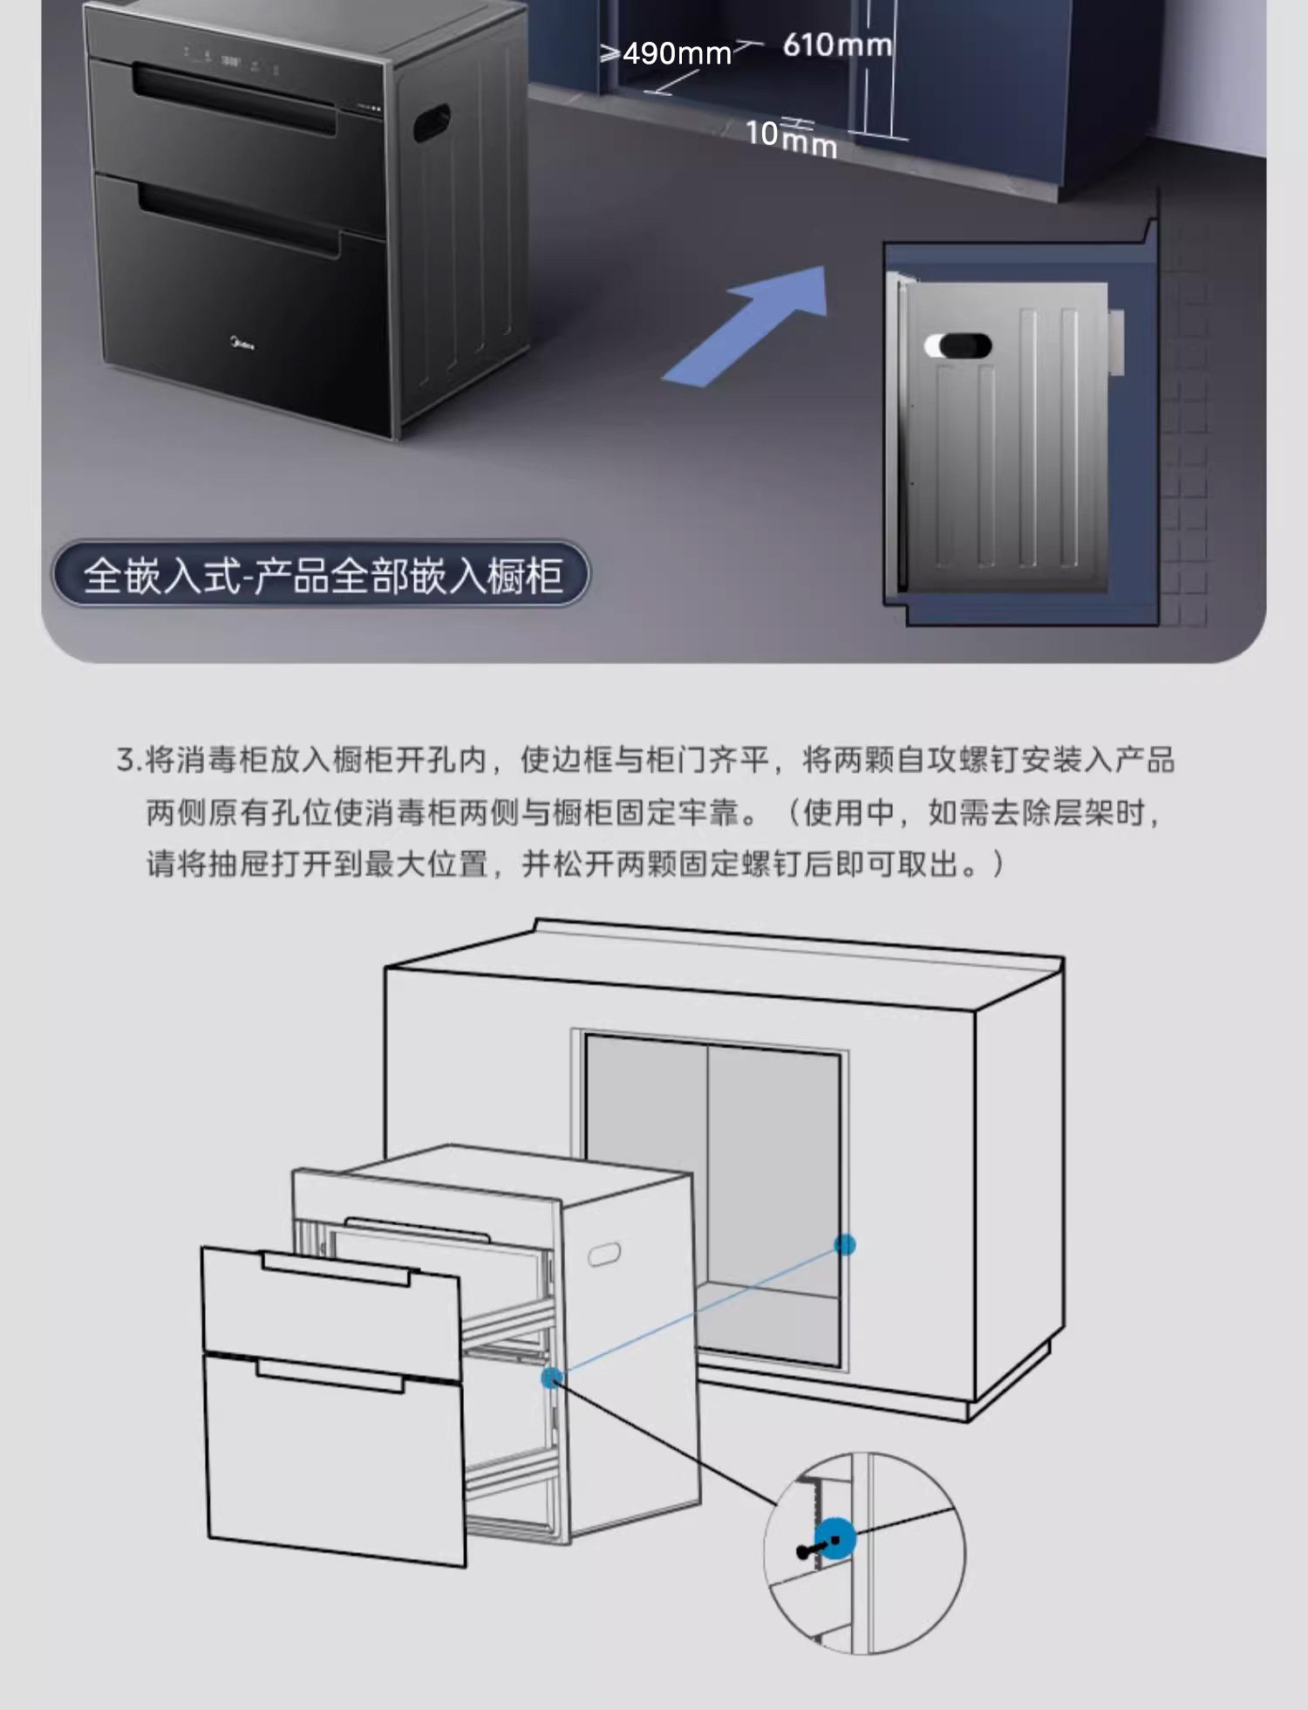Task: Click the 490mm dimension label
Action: pyautogui.click(x=676, y=54)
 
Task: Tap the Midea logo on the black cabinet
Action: pyautogui.click(x=241, y=346)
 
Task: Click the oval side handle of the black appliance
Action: pyautogui.click(x=431, y=123)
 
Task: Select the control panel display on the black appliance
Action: pyautogui.click(x=231, y=61)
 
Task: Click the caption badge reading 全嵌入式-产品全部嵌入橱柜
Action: pyautogui.click(x=321, y=574)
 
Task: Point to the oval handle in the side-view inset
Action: pyautogui.click(x=957, y=346)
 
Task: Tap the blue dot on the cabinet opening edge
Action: pyautogui.click(x=844, y=1244)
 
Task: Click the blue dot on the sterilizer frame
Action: pyautogui.click(x=551, y=1378)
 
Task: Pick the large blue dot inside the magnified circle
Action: pyautogui.click(x=835, y=1539)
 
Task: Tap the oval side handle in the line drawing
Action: pyautogui.click(x=604, y=1254)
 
